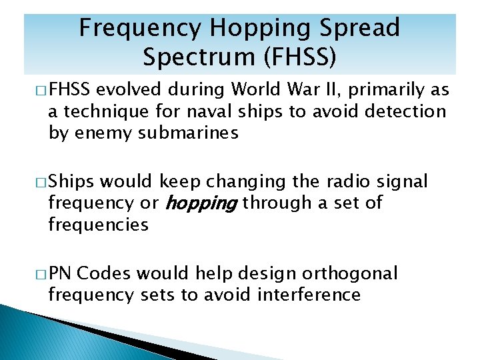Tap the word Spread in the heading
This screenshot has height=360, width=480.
coord(362,28)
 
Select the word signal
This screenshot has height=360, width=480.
coord(403,181)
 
